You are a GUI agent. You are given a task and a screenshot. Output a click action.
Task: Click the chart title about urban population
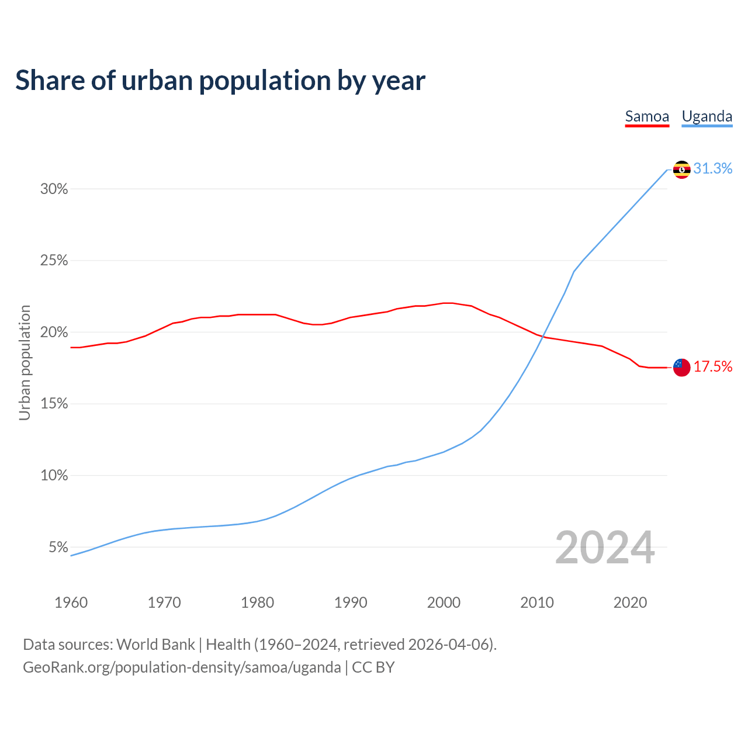click(x=220, y=81)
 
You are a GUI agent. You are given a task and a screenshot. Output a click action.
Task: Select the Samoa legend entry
click(x=647, y=116)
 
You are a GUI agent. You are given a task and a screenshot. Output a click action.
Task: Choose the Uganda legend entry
click(x=707, y=116)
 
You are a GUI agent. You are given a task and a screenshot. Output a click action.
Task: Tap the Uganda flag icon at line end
click(x=681, y=169)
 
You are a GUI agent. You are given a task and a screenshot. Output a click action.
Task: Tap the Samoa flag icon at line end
click(x=681, y=367)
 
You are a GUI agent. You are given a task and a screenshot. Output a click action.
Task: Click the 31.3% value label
click(x=713, y=169)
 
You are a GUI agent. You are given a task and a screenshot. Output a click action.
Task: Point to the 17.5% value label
click(x=713, y=366)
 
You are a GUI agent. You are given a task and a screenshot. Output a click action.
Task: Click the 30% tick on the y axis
click(x=54, y=189)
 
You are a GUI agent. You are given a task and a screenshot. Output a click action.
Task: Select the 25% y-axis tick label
click(x=54, y=261)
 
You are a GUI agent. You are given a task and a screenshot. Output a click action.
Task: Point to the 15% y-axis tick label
click(x=54, y=404)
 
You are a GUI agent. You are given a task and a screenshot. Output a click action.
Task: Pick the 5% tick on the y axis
click(x=58, y=548)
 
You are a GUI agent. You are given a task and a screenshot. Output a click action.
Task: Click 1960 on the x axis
click(x=71, y=602)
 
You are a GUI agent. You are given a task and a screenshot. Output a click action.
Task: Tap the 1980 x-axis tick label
click(x=257, y=602)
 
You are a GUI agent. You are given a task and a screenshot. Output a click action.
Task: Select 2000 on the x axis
click(x=444, y=602)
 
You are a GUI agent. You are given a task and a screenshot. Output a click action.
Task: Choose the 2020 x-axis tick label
click(x=630, y=602)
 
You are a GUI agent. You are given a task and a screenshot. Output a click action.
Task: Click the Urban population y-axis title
click(x=25, y=362)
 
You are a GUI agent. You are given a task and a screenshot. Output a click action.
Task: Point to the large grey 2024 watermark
click(x=604, y=548)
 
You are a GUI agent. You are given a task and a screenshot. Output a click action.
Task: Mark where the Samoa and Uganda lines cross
click(x=543, y=337)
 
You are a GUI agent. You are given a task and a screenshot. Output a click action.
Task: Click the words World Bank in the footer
click(x=155, y=645)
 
